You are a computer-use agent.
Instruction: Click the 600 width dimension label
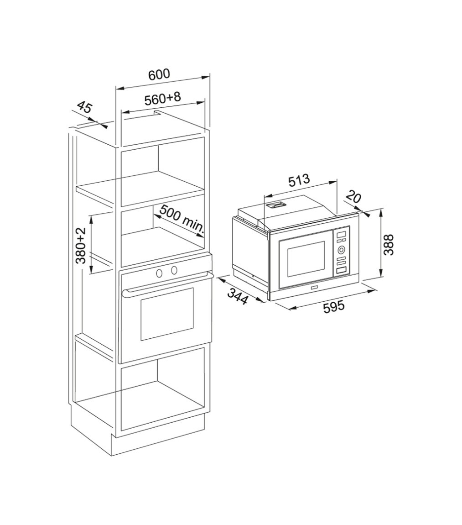pyautogui.click(x=159, y=74)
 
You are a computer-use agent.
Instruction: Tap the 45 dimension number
pyautogui.click(x=84, y=108)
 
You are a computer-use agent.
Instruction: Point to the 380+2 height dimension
pyautogui.click(x=81, y=246)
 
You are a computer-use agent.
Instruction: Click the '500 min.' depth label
pyautogui.click(x=182, y=218)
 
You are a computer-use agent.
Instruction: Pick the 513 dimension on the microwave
pyautogui.click(x=299, y=180)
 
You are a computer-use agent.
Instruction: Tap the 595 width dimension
pyautogui.click(x=334, y=307)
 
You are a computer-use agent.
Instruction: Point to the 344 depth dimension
pyautogui.click(x=238, y=297)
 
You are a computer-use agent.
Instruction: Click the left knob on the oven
pyautogui.click(x=160, y=273)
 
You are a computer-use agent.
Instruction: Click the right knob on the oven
pyautogui.click(x=174, y=270)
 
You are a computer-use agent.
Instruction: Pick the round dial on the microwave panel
pyautogui.click(x=341, y=250)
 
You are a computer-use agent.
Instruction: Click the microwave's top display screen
pyautogui.click(x=341, y=235)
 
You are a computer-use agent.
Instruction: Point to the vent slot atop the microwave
pyautogui.click(x=276, y=205)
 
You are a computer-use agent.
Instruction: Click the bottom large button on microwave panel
pyautogui.click(x=341, y=270)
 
